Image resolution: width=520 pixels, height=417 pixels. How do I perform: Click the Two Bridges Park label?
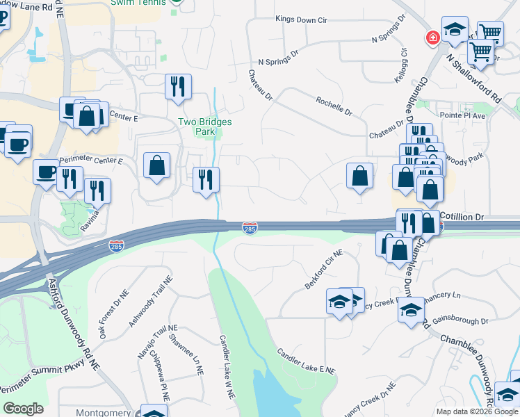point(204,126)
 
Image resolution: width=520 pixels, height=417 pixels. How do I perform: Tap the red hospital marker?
point(433,37)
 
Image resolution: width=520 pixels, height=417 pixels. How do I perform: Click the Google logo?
point(23,409)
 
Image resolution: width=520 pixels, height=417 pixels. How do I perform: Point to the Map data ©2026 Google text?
point(476,411)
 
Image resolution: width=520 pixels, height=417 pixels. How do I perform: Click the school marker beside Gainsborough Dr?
point(411,311)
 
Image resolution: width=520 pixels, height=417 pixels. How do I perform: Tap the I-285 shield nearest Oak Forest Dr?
point(117,246)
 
